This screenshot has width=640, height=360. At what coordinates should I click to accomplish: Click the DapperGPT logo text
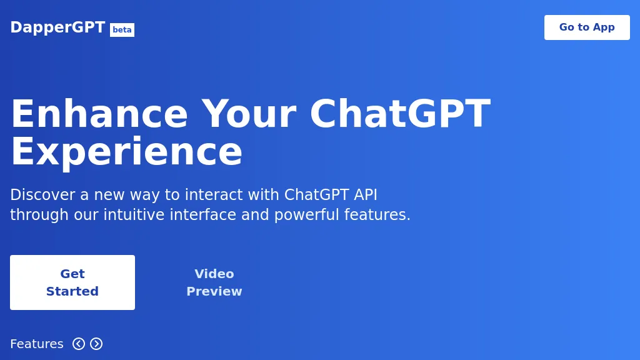pos(57,27)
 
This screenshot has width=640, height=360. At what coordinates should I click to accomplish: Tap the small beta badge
pos(122,30)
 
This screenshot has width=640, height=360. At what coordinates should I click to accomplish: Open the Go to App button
pos(587,27)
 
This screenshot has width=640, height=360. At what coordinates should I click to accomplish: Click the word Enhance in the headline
pos(99,114)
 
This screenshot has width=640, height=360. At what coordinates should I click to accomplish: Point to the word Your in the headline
pos(248,114)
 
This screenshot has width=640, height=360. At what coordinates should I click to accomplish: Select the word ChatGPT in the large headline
pos(399,114)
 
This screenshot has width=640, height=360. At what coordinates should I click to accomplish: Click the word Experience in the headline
pos(126,152)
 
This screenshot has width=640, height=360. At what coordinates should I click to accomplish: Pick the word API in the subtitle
pos(365,195)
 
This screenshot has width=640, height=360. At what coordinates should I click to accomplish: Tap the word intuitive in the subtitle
pos(131,215)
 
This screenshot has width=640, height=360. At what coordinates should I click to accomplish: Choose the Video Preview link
pos(214,282)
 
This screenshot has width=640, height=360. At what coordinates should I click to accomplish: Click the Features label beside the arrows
pos(37,344)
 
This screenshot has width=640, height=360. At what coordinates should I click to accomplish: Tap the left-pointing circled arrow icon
pos(79,344)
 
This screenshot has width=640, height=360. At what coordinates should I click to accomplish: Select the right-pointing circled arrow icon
pos(96,344)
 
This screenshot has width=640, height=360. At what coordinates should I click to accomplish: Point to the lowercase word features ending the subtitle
pos(377,215)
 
